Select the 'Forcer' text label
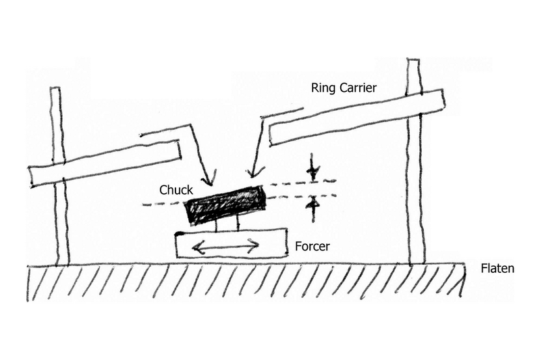point(312,247)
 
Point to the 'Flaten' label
point(498,268)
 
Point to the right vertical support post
point(417,203)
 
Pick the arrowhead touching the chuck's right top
point(252,174)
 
